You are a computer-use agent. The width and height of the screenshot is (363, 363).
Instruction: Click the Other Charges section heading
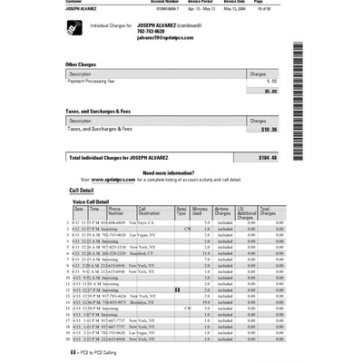pos(83,64)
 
